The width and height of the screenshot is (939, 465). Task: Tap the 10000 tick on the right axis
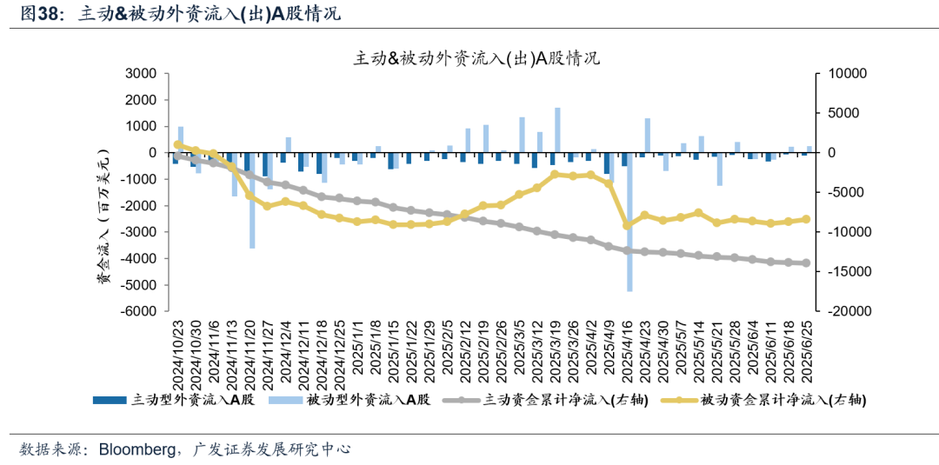pyautogui.click(x=841, y=74)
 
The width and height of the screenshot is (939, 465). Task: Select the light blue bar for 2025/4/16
pyautogui.click(x=629, y=222)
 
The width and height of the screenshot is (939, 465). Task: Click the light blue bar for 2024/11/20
pyautogui.click(x=252, y=200)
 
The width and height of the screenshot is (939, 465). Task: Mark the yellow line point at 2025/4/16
pyautogui.click(x=627, y=225)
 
